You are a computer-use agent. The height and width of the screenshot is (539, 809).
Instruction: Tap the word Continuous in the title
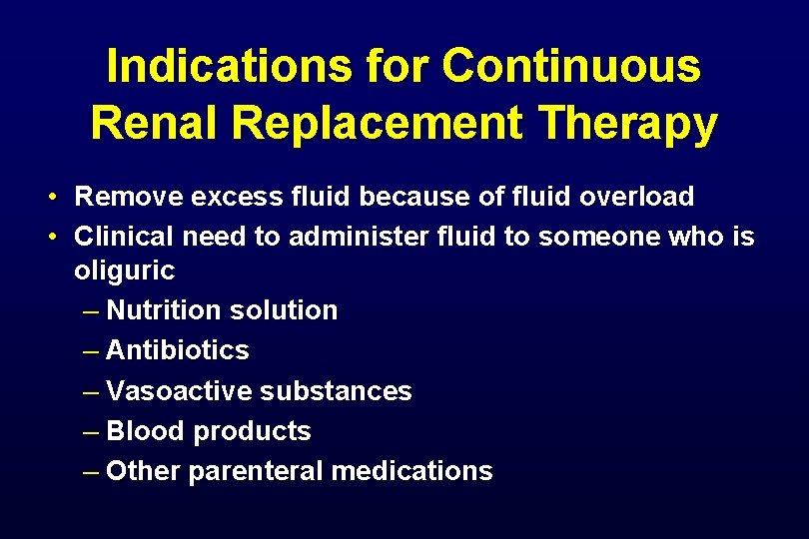pyautogui.click(x=571, y=67)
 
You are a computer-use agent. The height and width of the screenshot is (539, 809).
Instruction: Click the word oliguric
pyautogui.click(x=125, y=270)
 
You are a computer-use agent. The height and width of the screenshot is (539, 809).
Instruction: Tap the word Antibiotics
pyautogui.click(x=177, y=350)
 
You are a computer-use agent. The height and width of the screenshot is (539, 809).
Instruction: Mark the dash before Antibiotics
pyautogui.click(x=91, y=350)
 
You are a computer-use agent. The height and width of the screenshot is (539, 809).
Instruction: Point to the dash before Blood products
pyautogui.click(x=91, y=431)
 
